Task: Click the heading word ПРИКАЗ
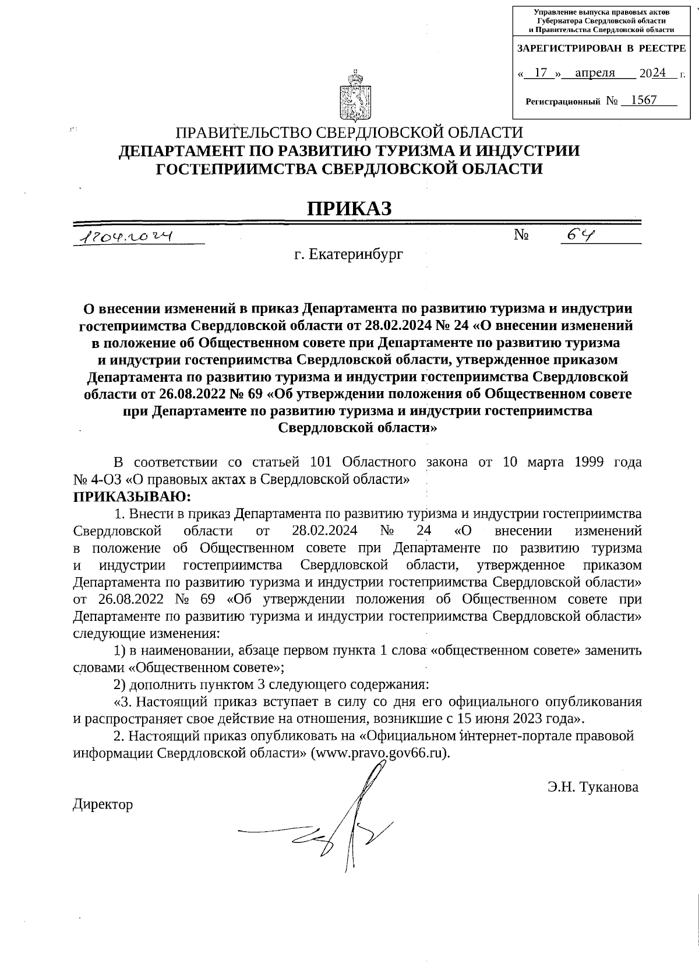[349, 208]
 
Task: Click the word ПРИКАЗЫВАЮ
[132, 497]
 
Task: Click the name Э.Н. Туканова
[593, 787]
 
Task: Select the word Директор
[103, 804]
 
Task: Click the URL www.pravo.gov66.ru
[381, 752]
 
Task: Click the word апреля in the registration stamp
[595, 73]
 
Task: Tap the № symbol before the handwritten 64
[521, 235]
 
